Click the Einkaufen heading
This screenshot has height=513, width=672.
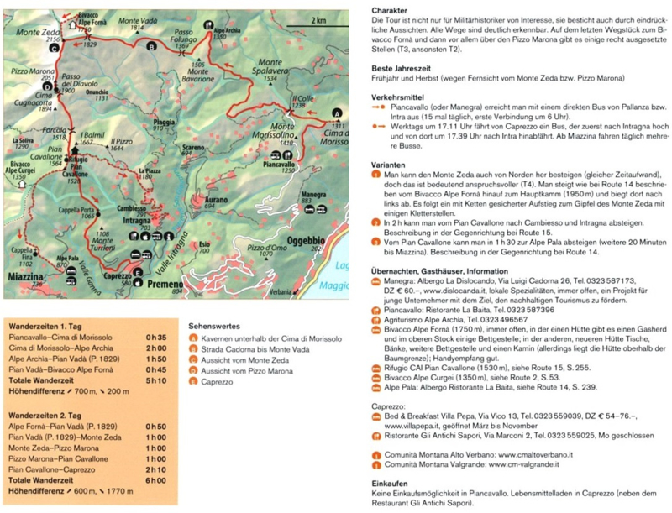tap(389, 484)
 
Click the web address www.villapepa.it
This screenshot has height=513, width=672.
tap(415, 425)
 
